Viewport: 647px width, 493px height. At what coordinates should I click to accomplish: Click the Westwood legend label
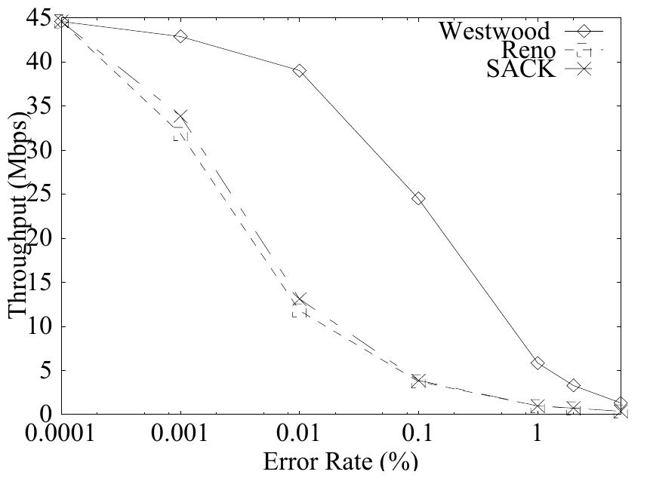point(494,30)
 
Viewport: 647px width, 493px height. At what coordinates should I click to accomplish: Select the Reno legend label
point(526,51)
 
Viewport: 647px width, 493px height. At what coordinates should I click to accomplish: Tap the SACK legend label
point(520,69)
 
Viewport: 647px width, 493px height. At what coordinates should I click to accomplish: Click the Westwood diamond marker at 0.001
point(180,36)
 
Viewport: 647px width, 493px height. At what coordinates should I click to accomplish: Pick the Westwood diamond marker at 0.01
point(300,71)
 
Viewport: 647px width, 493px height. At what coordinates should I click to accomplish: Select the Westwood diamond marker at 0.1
point(418,198)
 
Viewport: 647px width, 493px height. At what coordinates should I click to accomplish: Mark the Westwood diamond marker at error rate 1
point(538,363)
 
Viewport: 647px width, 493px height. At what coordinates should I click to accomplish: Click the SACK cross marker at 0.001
point(180,117)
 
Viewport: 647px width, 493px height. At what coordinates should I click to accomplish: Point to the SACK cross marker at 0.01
point(300,300)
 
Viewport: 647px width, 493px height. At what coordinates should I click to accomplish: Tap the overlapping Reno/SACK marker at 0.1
point(418,381)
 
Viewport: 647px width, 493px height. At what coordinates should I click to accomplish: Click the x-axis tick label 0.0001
point(60,435)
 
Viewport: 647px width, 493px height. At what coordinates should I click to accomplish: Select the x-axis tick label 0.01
point(299,435)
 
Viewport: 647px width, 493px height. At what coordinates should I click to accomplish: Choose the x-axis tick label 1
point(538,435)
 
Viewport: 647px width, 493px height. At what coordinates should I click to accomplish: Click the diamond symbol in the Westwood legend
point(582,31)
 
